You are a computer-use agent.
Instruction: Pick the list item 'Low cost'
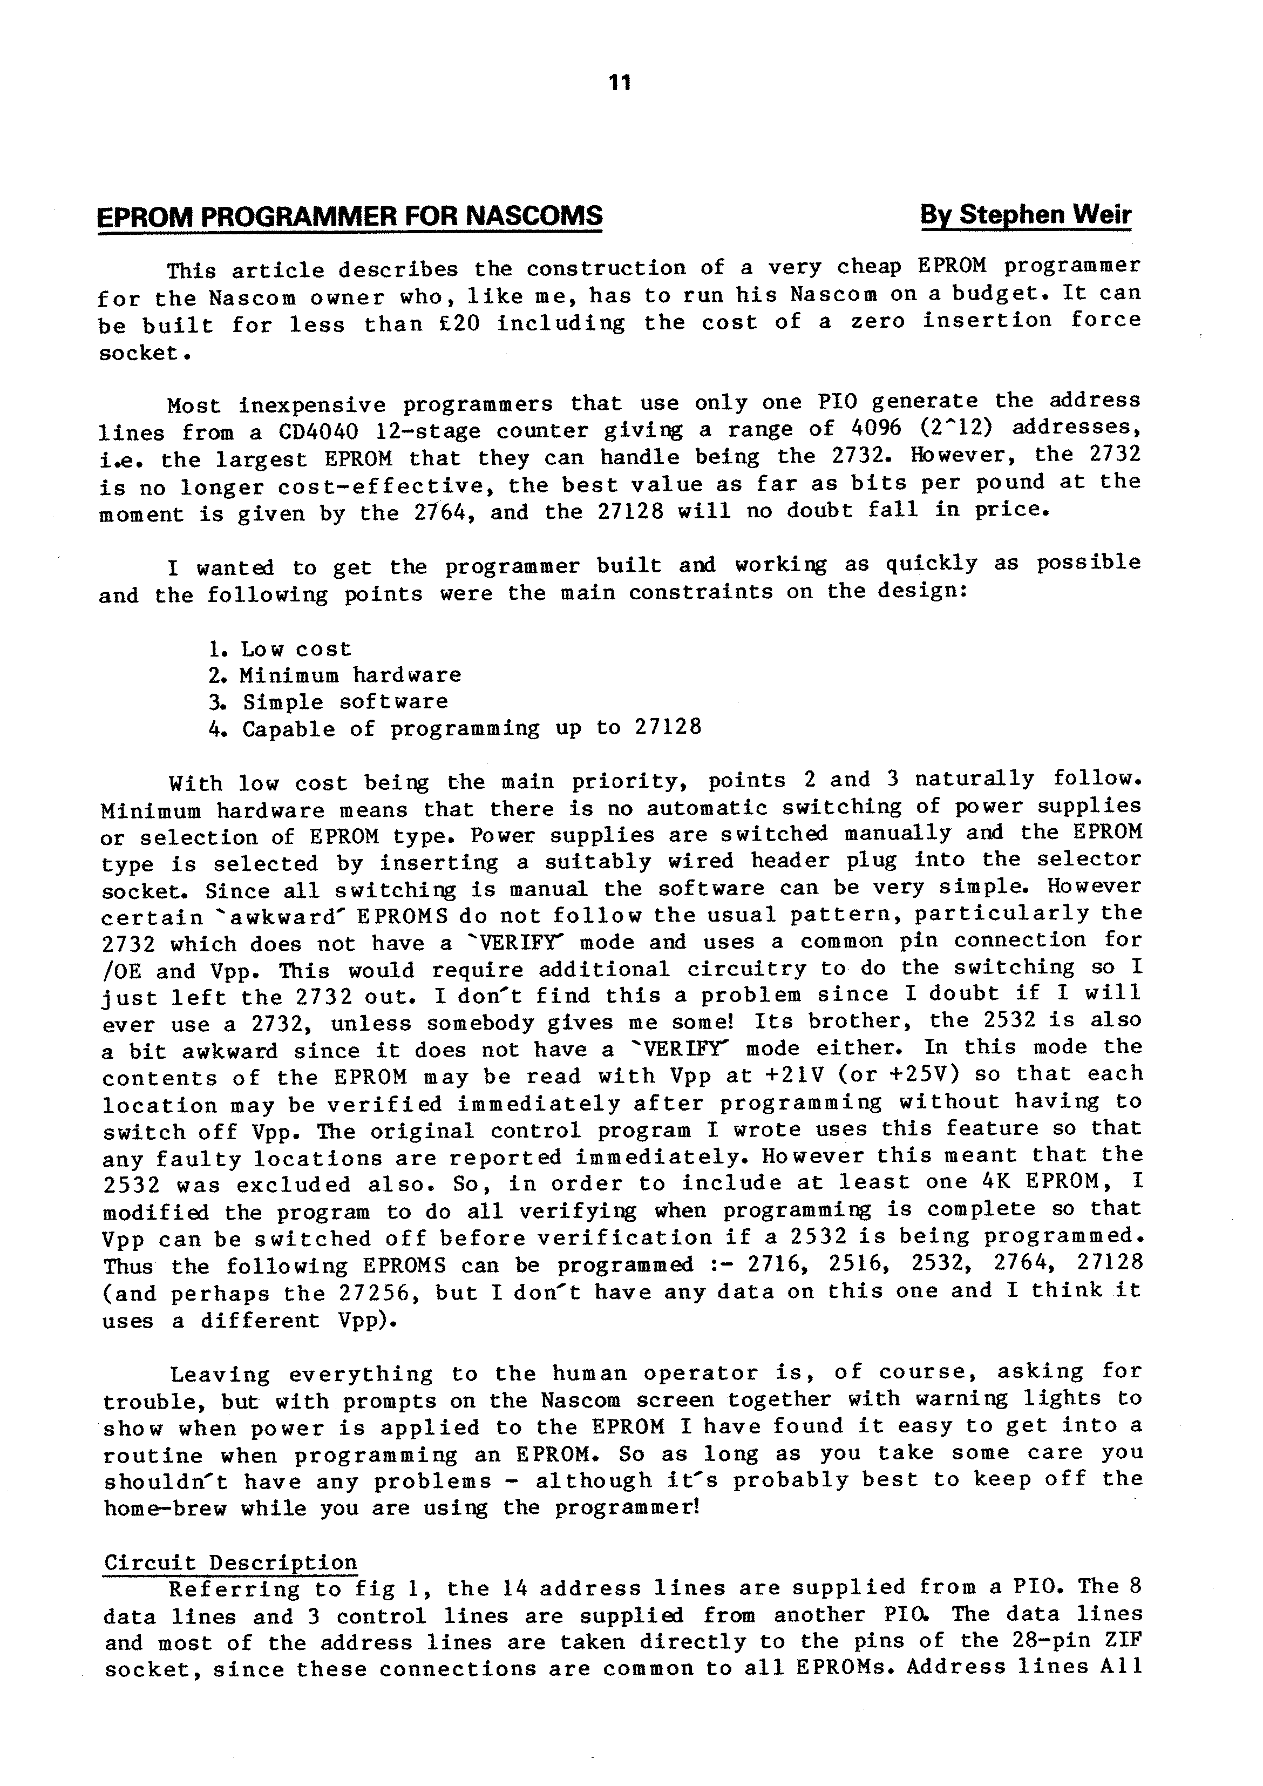coord(296,649)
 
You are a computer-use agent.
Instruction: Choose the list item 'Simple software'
coord(345,702)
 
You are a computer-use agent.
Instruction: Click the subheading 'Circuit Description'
coord(231,1562)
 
